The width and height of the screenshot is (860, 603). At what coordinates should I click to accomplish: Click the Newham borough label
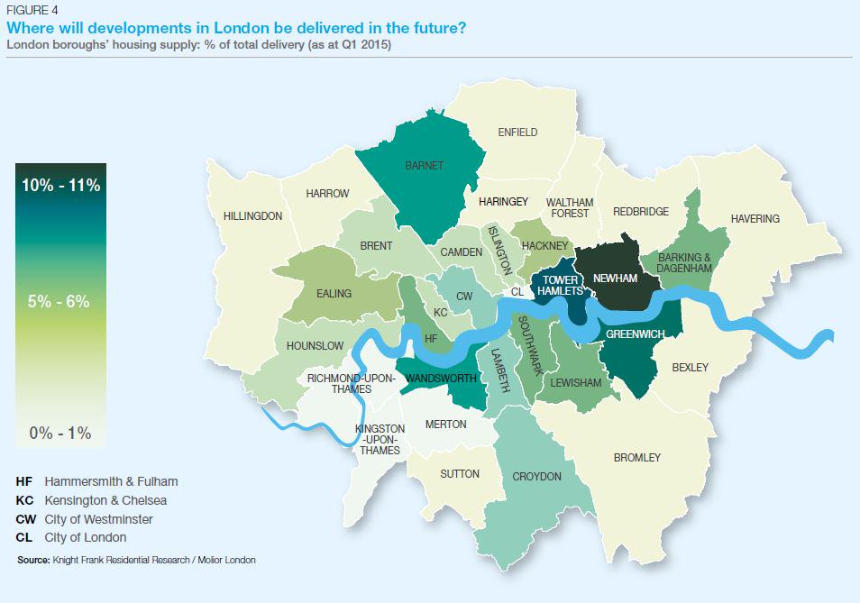pyautogui.click(x=615, y=279)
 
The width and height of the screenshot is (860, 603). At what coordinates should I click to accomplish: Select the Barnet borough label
pyautogui.click(x=424, y=167)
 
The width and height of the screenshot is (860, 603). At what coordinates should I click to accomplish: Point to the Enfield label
pyautogui.click(x=517, y=132)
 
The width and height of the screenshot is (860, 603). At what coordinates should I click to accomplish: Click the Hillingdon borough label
pyautogui.click(x=252, y=216)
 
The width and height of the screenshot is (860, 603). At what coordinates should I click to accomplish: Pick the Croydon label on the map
pyautogui.click(x=536, y=477)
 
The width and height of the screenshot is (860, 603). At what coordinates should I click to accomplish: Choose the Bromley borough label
pyautogui.click(x=636, y=458)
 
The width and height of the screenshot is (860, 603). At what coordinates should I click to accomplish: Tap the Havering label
pyautogui.click(x=755, y=219)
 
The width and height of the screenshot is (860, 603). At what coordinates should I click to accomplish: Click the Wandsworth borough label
pyautogui.click(x=442, y=378)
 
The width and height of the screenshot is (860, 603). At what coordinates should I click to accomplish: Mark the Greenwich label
pyautogui.click(x=636, y=334)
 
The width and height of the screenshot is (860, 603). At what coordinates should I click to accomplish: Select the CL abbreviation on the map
pyautogui.click(x=517, y=292)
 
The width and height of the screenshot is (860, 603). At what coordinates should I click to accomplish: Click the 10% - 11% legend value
pyautogui.click(x=60, y=186)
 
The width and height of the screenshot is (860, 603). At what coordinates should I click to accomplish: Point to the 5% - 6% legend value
pyautogui.click(x=59, y=302)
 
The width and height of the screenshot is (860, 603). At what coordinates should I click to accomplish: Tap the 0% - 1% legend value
pyautogui.click(x=60, y=433)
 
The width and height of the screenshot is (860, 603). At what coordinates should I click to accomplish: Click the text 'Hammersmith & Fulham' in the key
pyautogui.click(x=111, y=481)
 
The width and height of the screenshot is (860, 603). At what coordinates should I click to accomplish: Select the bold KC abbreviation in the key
pyautogui.click(x=25, y=500)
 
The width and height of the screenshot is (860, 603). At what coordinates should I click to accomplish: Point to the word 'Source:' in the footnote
pyautogui.click(x=32, y=560)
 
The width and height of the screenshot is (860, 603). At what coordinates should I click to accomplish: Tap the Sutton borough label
pyautogui.click(x=460, y=474)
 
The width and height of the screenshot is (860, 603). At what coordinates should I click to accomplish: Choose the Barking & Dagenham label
pyautogui.click(x=685, y=262)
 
